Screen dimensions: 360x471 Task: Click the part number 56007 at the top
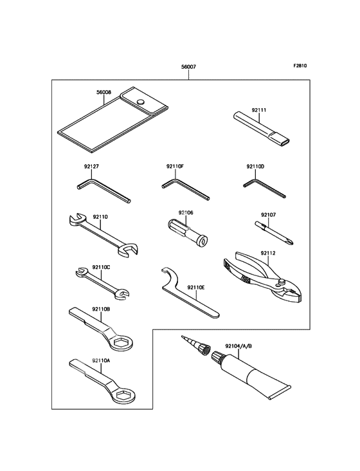tap(188, 67)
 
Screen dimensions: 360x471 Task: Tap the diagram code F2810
tap(300, 66)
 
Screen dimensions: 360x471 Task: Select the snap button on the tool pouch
tap(140, 102)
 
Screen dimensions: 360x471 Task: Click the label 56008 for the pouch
tap(104, 92)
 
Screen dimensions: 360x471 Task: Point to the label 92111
tap(259, 110)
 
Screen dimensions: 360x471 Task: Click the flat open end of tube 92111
tap(286, 141)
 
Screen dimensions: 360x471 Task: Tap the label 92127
tap(91, 166)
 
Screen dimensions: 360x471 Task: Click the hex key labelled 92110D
tap(264, 189)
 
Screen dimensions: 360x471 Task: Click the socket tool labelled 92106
tap(187, 231)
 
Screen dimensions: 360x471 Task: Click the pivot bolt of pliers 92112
tap(282, 281)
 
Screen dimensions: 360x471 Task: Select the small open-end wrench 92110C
tap(102, 283)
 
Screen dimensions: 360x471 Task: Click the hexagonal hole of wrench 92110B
tap(121, 342)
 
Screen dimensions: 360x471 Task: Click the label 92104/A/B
tap(239, 346)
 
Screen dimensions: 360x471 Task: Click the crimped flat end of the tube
tap(279, 392)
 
